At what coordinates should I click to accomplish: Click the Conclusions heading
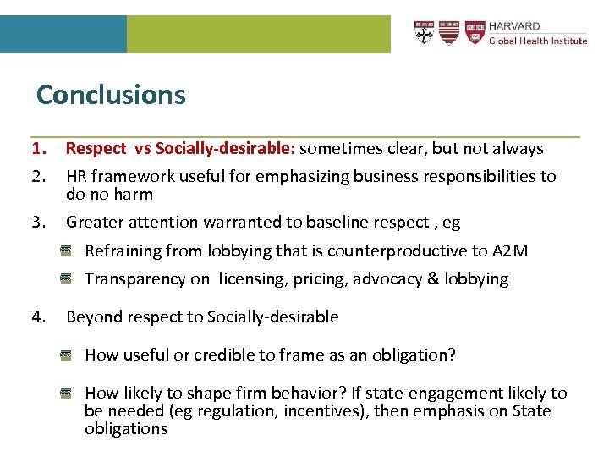click(111, 94)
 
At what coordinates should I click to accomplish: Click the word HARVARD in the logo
click(514, 27)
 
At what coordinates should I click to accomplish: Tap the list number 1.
click(38, 149)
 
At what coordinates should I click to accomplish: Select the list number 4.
click(38, 317)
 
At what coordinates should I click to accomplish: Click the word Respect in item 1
click(95, 149)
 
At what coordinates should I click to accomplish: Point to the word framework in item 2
click(130, 176)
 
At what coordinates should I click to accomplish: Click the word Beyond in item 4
click(91, 317)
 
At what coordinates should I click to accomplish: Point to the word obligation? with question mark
click(414, 355)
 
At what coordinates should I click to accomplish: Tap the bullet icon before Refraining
click(65, 251)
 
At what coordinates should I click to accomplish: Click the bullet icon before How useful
click(65, 355)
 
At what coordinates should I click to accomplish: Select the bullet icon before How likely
click(65, 393)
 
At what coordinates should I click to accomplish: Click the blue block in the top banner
click(63, 34)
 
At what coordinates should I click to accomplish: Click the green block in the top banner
click(258, 34)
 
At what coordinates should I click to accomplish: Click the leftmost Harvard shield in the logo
click(425, 32)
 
